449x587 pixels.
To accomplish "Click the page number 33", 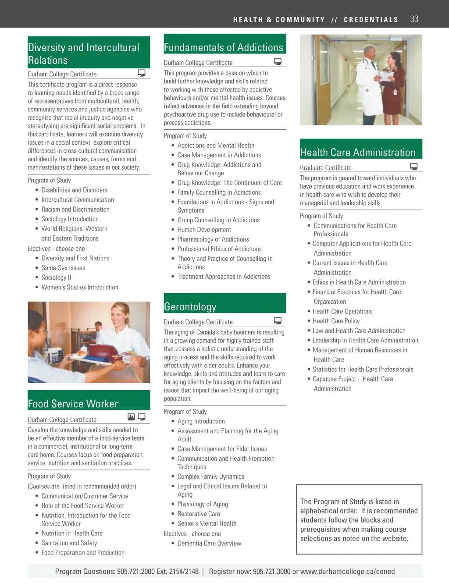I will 414,19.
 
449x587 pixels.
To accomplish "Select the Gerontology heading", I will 190,307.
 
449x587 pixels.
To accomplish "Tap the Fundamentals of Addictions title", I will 224,47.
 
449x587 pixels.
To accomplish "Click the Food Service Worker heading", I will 73,404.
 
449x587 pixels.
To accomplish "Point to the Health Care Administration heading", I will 358,153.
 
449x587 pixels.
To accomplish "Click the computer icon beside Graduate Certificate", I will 413,167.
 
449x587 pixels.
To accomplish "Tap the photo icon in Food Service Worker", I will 131,417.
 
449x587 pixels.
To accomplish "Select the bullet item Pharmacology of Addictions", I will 213,239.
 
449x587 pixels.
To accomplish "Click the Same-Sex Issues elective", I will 63,268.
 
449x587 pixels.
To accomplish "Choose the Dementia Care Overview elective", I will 209,544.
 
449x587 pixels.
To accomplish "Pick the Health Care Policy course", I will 336,321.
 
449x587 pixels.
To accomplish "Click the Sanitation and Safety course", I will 69,543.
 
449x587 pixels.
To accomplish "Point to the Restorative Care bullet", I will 199,514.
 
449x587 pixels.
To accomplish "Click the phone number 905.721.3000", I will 271,571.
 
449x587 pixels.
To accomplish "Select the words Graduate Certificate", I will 326,167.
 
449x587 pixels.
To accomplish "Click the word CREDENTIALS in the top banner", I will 371,20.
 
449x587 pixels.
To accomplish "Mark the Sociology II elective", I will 56,277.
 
